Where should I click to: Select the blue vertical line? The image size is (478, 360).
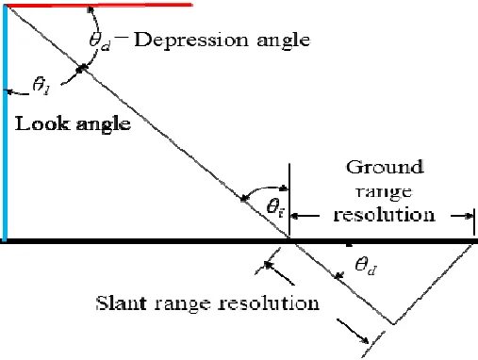pos(5,123)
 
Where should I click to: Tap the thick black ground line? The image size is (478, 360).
pos(236,241)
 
